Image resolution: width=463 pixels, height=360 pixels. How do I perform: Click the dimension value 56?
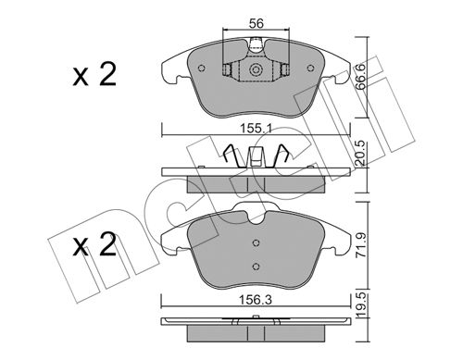(x=257, y=23)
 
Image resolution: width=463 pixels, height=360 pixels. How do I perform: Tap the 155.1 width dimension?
(x=257, y=129)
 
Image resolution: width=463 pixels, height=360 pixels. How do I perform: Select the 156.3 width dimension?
(x=256, y=300)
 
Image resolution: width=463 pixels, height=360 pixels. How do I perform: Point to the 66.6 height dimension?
(x=360, y=77)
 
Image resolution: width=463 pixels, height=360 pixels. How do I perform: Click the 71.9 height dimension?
(x=361, y=245)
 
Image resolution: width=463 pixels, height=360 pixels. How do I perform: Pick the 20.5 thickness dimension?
(x=360, y=154)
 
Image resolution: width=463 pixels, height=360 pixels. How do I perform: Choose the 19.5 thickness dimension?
(x=361, y=305)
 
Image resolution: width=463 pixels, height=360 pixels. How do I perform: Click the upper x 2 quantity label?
(x=94, y=74)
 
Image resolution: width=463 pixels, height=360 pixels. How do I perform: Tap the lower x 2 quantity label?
(x=94, y=244)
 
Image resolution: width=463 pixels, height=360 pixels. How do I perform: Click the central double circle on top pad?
(x=256, y=69)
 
